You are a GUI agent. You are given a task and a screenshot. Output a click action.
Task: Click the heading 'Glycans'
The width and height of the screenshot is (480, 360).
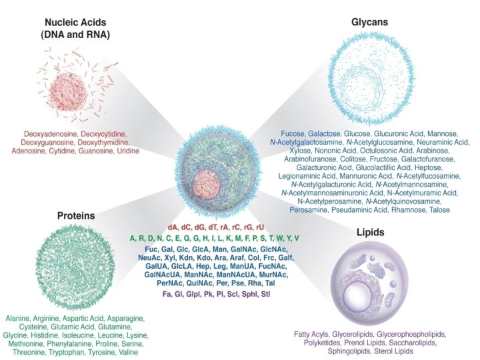(x=370, y=23)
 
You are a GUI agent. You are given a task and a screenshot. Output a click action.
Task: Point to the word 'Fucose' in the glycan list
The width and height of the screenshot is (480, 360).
(x=294, y=133)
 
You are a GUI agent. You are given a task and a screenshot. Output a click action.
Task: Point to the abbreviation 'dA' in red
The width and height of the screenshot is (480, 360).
(x=173, y=228)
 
